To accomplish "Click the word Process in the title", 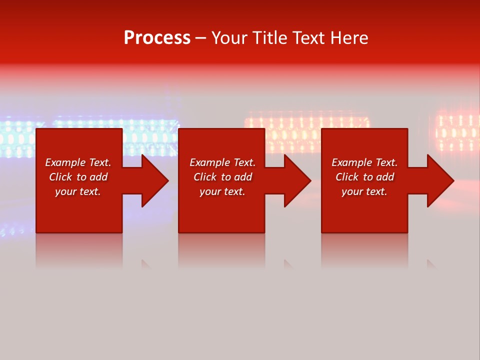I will (x=157, y=38).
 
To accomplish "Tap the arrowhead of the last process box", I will (x=440, y=180).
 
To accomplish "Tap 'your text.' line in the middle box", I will (x=222, y=191).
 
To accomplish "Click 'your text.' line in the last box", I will (x=364, y=191).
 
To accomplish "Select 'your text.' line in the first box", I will (x=78, y=191).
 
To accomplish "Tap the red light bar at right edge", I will (x=457, y=132).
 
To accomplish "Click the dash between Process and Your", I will (x=200, y=38).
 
